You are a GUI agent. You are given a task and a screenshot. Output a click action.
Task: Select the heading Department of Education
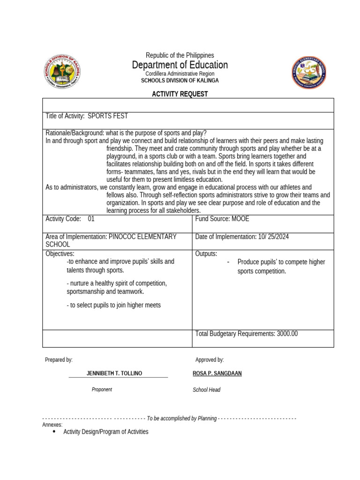click(180, 65)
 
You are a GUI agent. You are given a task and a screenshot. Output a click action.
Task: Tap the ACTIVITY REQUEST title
click(180, 94)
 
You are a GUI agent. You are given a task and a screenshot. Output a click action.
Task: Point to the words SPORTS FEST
click(108, 116)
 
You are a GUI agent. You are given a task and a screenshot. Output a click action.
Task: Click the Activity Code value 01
click(91, 219)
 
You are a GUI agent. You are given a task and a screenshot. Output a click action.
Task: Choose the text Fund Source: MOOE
click(222, 219)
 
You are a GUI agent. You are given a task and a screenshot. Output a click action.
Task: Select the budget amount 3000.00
click(287, 334)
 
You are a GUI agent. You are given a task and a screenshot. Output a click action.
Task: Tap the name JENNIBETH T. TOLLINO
click(114, 373)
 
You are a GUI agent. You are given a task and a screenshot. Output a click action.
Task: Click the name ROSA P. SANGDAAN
click(217, 373)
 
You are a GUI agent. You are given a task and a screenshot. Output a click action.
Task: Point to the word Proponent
click(102, 390)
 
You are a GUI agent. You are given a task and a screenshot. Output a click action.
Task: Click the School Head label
click(206, 390)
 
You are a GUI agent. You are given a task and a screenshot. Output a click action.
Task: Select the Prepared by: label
click(59, 360)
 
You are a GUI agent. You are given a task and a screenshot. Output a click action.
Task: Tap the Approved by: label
click(210, 360)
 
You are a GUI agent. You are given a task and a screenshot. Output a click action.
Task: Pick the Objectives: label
click(60, 254)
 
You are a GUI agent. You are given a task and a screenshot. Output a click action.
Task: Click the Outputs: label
click(206, 254)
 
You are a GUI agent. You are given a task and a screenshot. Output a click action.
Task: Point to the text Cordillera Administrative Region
click(180, 74)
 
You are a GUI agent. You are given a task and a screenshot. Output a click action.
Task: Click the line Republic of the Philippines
click(180, 55)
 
